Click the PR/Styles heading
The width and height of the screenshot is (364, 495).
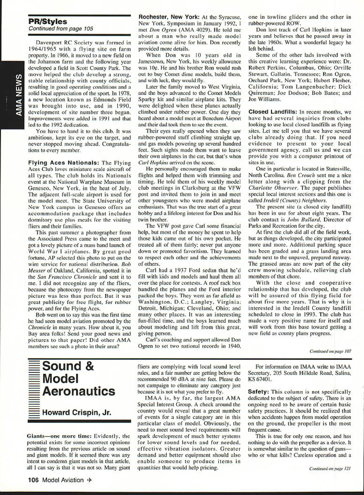[48, 21]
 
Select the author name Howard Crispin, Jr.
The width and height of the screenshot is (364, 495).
[76, 413]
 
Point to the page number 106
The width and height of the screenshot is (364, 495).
[34, 480]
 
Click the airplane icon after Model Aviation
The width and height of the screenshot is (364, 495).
[89, 480]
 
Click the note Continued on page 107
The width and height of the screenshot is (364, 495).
[330, 351]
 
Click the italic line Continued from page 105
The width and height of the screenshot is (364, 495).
[61, 28]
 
